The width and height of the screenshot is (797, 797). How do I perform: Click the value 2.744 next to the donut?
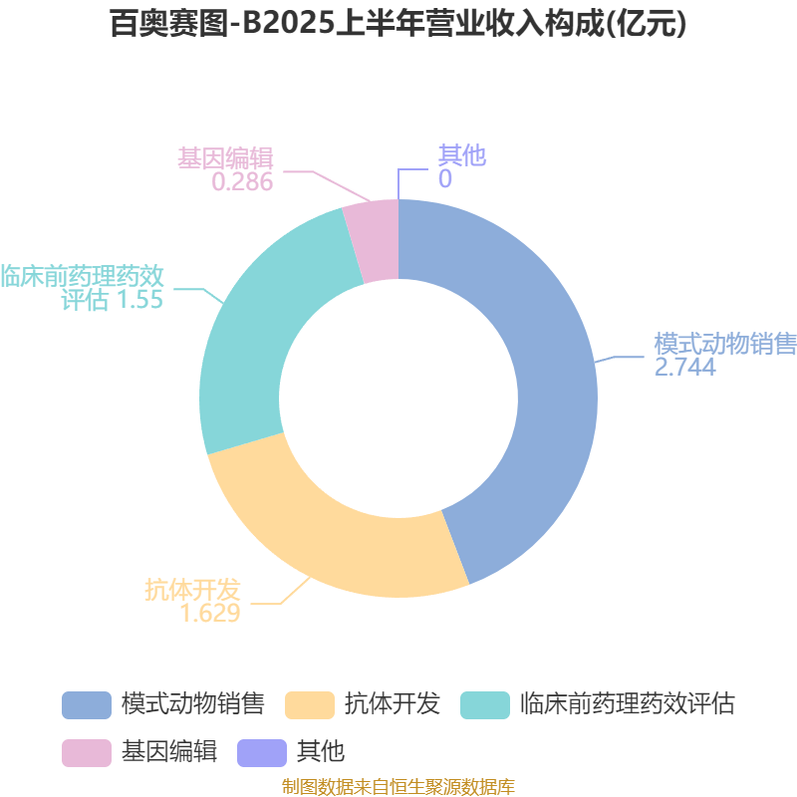click(x=684, y=367)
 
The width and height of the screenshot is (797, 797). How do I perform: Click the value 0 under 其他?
click(x=444, y=179)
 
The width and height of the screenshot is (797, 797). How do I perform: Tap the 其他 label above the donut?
click(x=461, y=156)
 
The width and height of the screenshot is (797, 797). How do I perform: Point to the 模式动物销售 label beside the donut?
click(x=724, y=344)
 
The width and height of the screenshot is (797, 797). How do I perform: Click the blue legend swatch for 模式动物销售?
click(x=86, y=704)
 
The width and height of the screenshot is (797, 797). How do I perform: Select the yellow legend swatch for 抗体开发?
click(x=309, y=704)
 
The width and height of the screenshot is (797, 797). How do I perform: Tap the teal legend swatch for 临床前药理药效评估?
click(x=484, y=704)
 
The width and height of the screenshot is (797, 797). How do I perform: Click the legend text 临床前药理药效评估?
click(x=628, y=704)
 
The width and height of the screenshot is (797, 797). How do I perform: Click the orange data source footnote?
click(x=398, y=787)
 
